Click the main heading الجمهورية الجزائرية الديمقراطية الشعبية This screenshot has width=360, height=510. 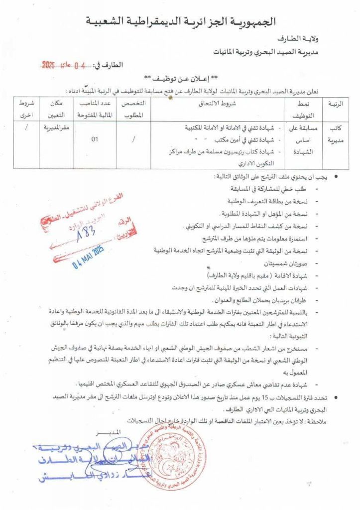tap(181, 21)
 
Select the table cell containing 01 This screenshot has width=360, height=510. tap(95, 140)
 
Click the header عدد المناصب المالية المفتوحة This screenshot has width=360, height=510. tap(95, 108)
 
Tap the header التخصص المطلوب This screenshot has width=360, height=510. tap(133, 108)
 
